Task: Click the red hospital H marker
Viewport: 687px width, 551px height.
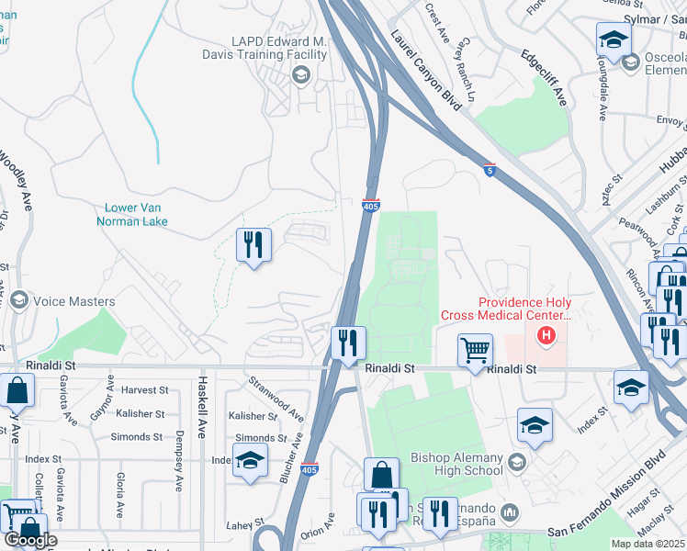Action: pyautogui.click(x=546, y=335)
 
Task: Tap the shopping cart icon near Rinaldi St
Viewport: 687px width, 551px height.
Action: pyautogui.click(x=474, y=349)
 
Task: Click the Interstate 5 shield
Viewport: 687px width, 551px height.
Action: pyautogui.click(x=490, y=170)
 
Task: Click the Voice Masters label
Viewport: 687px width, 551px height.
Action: pyautogui.click(x=73, y=301)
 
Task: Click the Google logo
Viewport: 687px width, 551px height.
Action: pyautogui.click(x=29, y=540)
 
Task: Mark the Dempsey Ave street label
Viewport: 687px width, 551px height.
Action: pyautogui.click(x=180, y=460)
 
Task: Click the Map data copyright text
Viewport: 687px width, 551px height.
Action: pyautogui.click(x=648, y=544)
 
